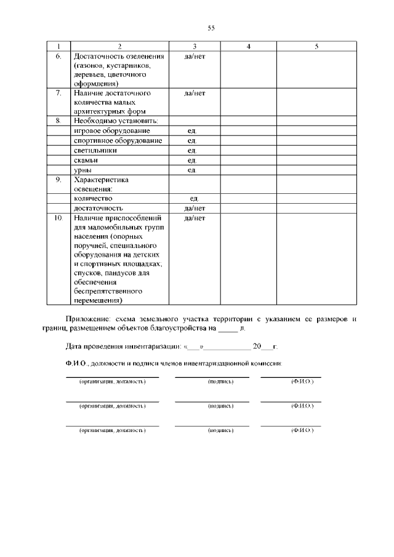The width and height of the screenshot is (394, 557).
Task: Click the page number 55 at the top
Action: pyautogui.click(x=211, y=28)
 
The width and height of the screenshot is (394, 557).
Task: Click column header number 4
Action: pyautogui.click(x=247, y=46)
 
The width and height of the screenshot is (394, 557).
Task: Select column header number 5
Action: pyautogui.click(x=316, y=46)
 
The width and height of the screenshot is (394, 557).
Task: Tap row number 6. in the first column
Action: pyautogui.click(x=59, y=56)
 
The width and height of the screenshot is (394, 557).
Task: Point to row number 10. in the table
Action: pyautogui.click(x=58, y=218)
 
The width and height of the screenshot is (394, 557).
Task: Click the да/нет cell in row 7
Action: pyautogui.click(x=194, y=93)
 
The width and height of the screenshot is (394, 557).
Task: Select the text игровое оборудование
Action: pyautogui.click(x=111, y=130)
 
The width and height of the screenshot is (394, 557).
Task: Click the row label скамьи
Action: pyautogui.click(x=86, y=160)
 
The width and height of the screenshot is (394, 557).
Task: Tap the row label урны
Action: pyautogui.click(x=83, y=170)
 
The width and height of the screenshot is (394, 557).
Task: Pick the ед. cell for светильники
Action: pyautogui.click(x=192, y=150)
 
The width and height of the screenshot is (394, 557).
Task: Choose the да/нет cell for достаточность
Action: pyautogui.click(x=194, y=209)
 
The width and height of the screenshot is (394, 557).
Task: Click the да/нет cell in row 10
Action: pyautogui.click(x=194, y=218)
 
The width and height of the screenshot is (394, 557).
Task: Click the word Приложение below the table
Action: pyautogui.click(x=87, y=319)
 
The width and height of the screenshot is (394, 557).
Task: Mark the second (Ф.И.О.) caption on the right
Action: pyautogui.click(x=302, y=406)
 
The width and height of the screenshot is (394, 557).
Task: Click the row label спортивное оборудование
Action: pyautogui.click(x=118, y=140)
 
